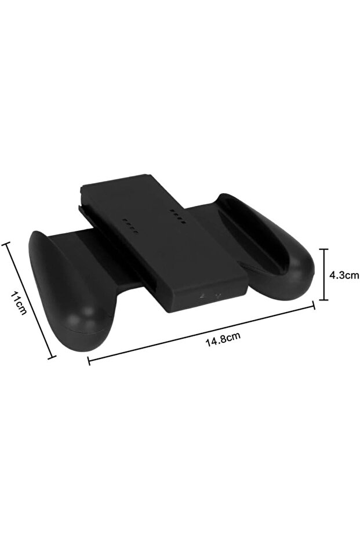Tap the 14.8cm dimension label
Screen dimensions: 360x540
[223, 339]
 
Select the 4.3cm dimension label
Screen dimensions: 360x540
[344, 275]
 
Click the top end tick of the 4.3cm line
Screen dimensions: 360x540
[323, 249]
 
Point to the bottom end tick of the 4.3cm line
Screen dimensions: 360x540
[323, 300]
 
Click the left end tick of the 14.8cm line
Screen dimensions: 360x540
[89, 360]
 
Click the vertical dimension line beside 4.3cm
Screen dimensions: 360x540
[323, 274]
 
